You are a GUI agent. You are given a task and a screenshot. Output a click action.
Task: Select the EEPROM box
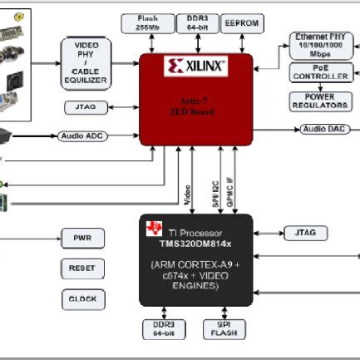pyautogui.click(x=242, y=24)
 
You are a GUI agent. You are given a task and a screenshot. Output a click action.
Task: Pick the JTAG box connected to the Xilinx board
pyautogui.click(x=82, y=106)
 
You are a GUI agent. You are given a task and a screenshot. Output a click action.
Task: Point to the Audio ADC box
pyautogui.click(x=80, y=135)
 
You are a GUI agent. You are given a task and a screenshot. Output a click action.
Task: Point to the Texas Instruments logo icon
pyautogui.click(x=154, y=229)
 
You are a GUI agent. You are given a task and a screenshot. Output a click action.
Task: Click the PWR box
pyautogui.click(x=81, y=238)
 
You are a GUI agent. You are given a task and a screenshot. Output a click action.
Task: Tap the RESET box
pyautogui.click(x=81, y=269)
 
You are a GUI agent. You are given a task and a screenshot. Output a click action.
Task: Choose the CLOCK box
pyautogui.click(x=81, y=298)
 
